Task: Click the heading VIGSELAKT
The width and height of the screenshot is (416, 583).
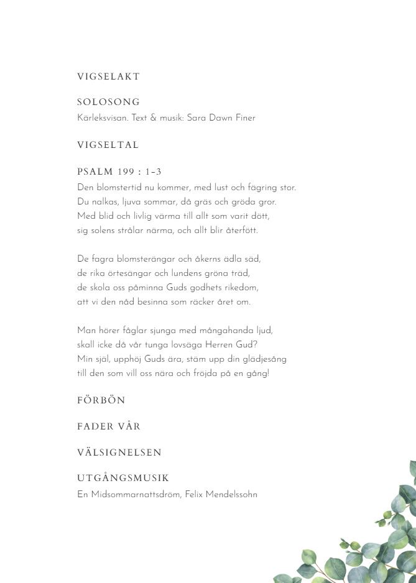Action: pos(108,76)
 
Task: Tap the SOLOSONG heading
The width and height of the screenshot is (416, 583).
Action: pos(108,102)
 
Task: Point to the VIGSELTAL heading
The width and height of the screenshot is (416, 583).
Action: pos(108,145)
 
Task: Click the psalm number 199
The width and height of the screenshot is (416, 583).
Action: pos(126,172)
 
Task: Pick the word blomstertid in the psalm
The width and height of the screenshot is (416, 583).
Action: pos(120,187)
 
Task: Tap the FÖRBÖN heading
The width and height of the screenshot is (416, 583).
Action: pos(101,400)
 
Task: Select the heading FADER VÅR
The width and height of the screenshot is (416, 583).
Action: pos(109,426)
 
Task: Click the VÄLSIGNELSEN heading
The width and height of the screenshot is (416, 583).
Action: pos(119,452)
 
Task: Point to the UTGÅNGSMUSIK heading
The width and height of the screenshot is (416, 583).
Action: pos(123,478)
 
